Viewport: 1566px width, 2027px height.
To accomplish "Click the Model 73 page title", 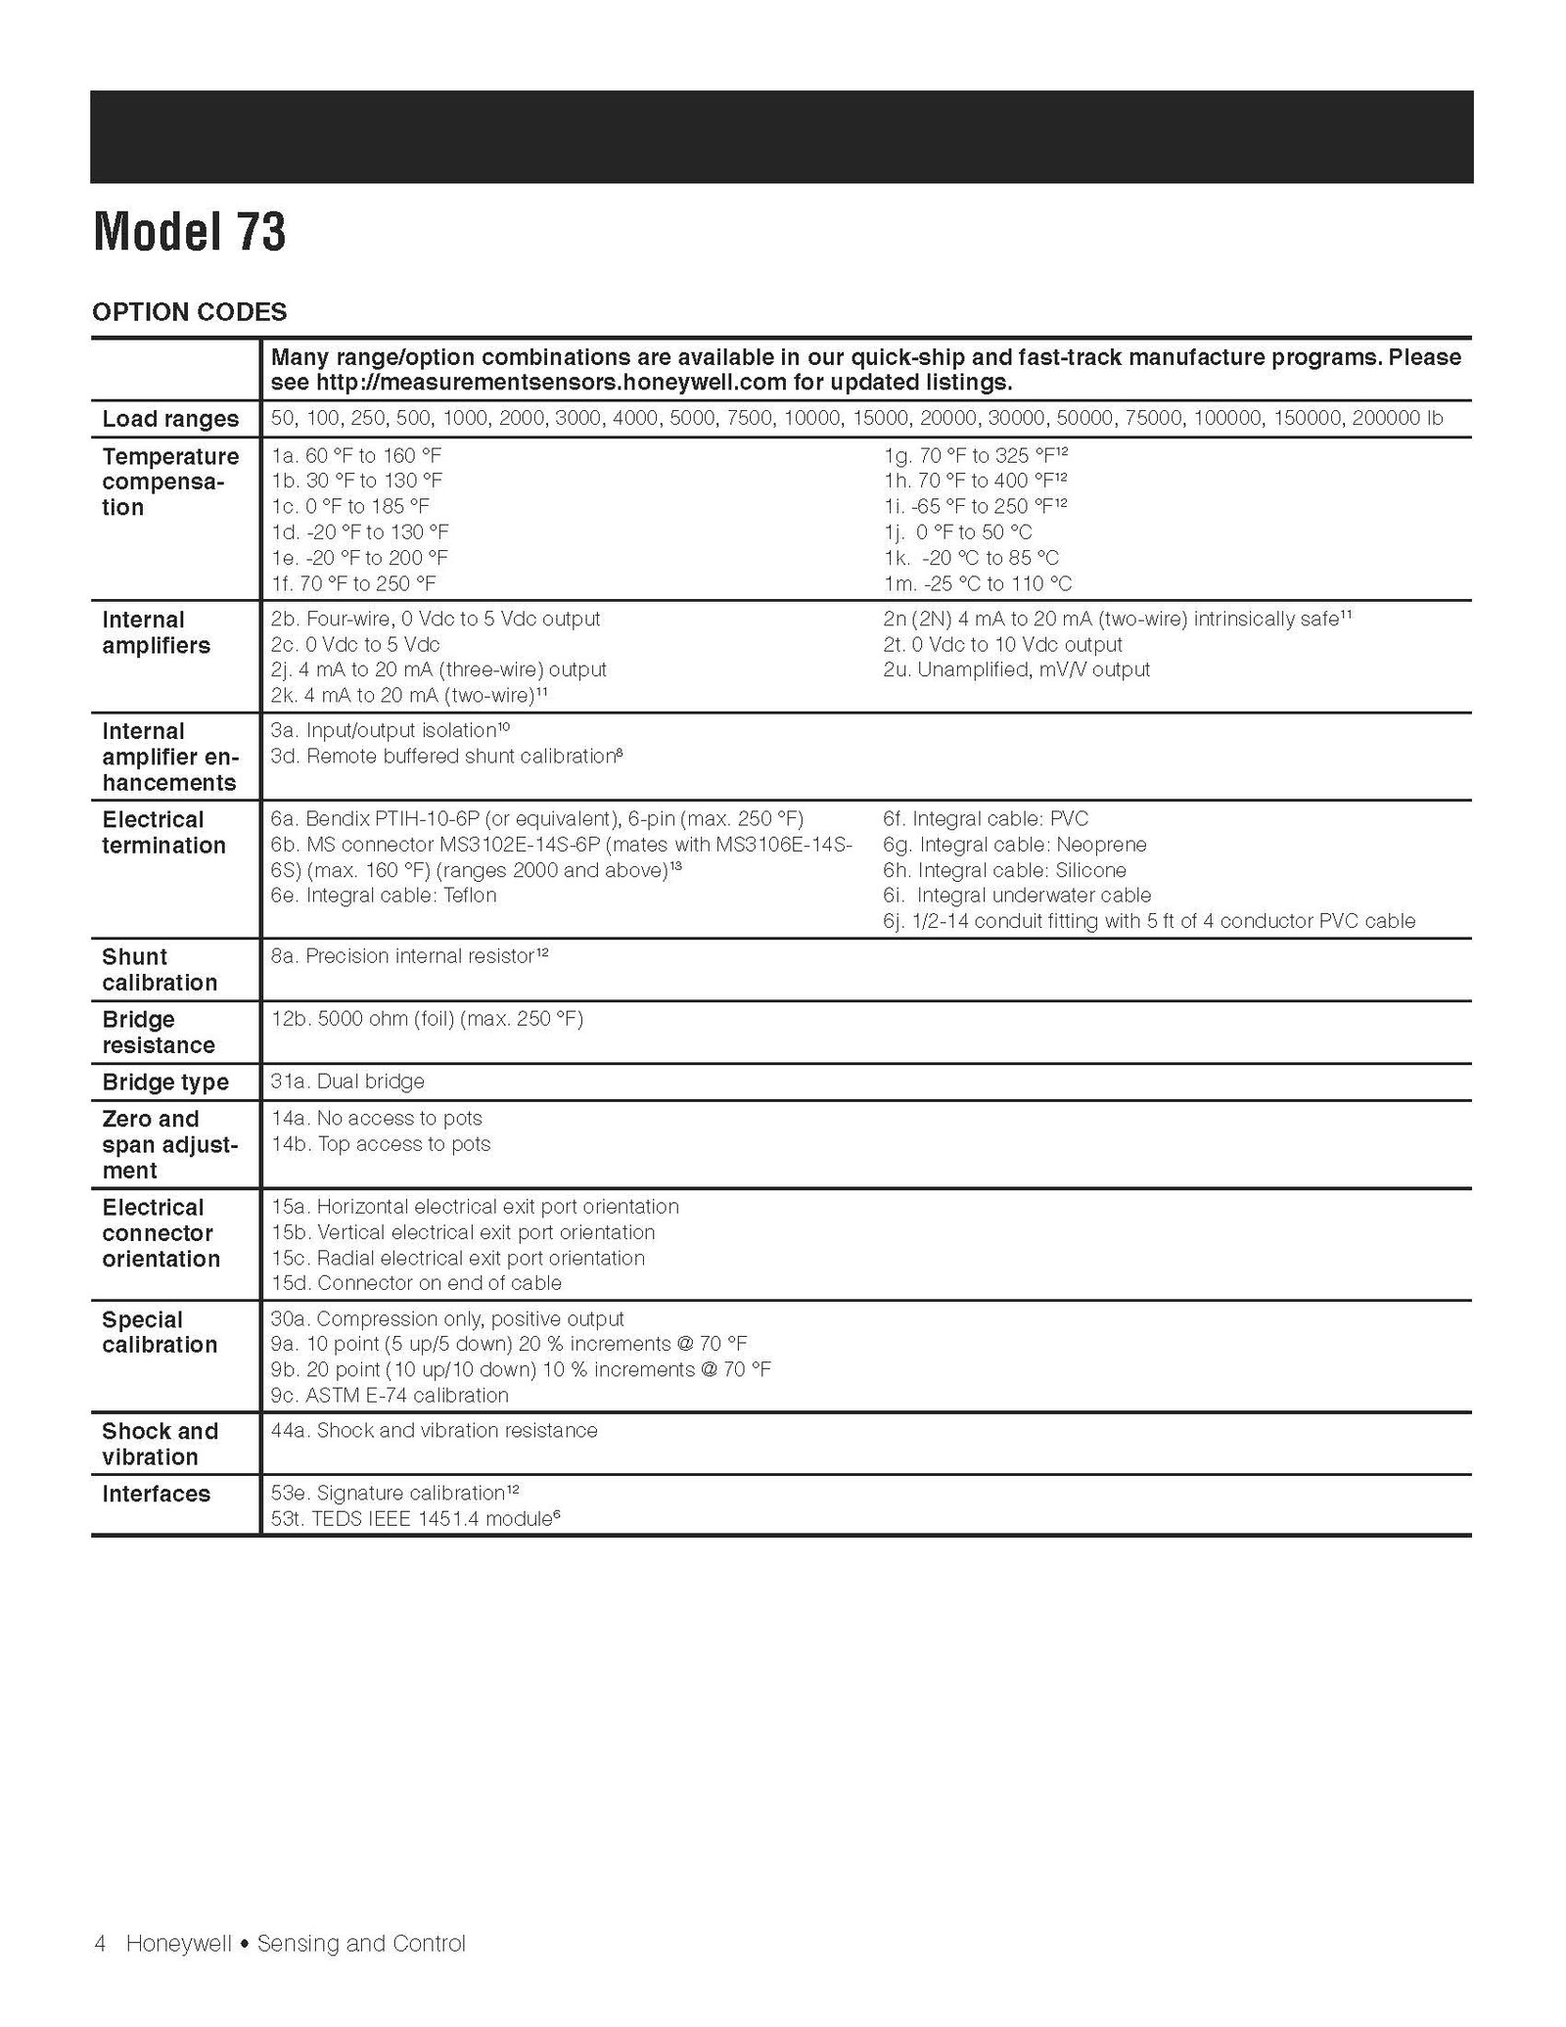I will pos(189,233).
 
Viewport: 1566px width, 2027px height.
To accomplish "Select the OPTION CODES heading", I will pos(189,312).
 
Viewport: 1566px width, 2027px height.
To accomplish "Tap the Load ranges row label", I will pos(170,419).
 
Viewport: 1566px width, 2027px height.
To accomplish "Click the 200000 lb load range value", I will pos(1397,419).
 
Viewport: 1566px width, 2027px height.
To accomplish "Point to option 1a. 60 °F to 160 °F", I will pos(356,455).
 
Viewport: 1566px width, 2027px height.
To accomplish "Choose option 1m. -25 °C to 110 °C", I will pos(977,584).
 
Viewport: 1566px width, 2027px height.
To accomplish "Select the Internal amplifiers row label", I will pos(157,632).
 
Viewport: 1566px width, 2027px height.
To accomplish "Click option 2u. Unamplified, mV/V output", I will pos(1016,669).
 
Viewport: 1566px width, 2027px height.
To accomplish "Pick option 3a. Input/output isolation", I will pos(390,730).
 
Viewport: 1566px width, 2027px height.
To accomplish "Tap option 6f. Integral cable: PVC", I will pos(985,819).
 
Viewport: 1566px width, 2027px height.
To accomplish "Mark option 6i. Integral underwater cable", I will pos(1016,896).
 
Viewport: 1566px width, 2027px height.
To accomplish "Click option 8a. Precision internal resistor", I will pos(409,956).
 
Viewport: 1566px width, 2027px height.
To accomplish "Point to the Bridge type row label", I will pos(165,1083).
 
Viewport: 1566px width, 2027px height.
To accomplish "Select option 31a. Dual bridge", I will pos(347,1082).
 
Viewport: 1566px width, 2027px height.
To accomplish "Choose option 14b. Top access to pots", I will pos(381,1144).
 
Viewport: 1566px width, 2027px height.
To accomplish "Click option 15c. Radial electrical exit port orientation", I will pos(458,1258).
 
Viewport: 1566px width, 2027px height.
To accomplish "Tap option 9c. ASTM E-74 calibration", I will pos(390,1396).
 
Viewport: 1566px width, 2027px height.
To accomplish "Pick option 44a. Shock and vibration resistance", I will pos(434,1431).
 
